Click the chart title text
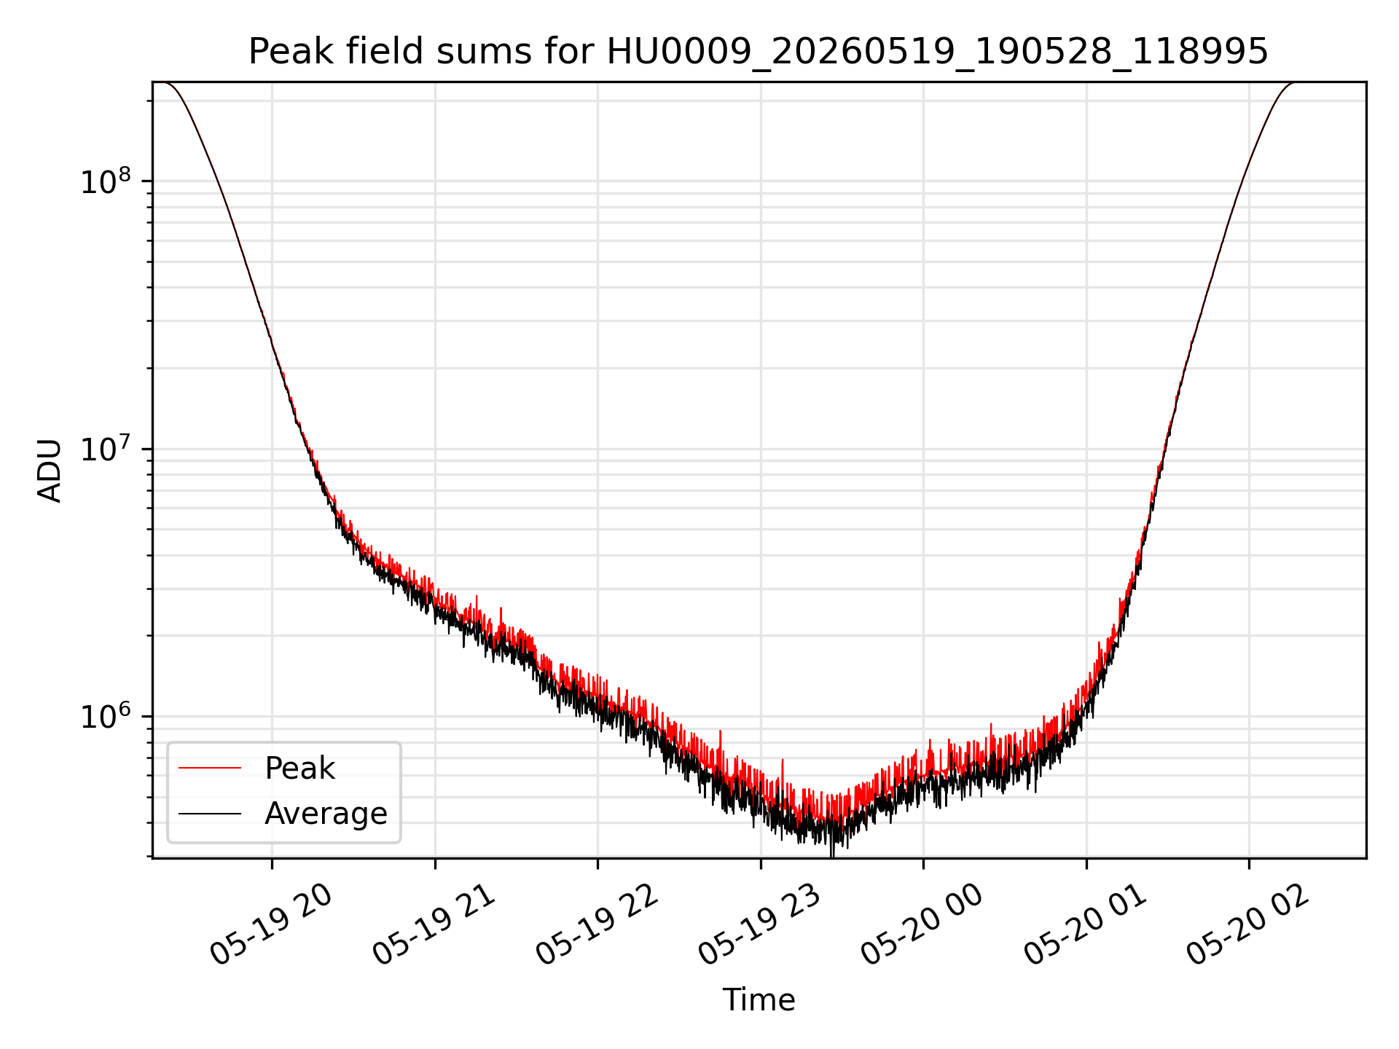tap(759, 52)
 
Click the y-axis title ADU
tap(50, 471)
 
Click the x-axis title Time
tap(759, 999)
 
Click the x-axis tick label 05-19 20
tap(271, 925)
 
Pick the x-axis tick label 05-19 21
tap(434, 925)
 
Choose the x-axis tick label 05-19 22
tap(597, 925)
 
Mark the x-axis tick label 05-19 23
tap(760, 925)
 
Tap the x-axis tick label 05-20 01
tap(1086, 925)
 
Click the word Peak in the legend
tap(299, 769)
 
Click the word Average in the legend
tap(326, 814)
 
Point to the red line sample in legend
tap(210, 768)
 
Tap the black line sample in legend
tap(210, 813)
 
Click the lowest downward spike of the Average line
tap(832, 856)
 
